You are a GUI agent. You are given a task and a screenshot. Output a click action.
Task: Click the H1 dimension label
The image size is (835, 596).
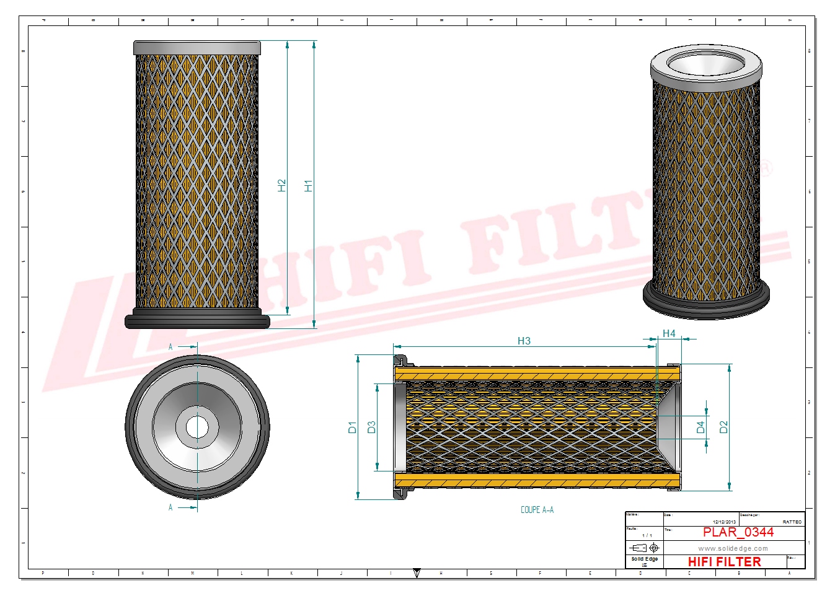pyautogui.click(x=308, y=185)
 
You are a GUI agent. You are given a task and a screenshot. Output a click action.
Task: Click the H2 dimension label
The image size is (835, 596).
pyautogui.click(x=281, y=185)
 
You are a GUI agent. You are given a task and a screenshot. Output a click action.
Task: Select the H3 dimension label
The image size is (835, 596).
pyautogui.click(x=524, y=341)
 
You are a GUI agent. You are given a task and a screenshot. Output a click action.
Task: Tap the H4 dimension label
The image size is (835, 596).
pyautogui.click(x=669, y=333)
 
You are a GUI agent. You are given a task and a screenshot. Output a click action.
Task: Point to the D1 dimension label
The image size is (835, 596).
pyautogui.click(x=352, y=427)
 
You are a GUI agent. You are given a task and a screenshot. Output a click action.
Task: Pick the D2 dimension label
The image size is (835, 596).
pyautogui.click(x=723, y=427)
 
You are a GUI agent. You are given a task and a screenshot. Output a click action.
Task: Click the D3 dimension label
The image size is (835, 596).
pyautogui.click(x=371, y=427)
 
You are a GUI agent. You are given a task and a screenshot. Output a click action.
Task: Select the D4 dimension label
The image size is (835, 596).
pyautogui.click(x=700, y=427)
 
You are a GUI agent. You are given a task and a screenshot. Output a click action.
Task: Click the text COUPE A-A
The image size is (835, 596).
pyautogui.click(x=537, y=510)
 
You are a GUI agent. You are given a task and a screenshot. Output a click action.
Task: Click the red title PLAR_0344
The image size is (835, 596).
pyautogui.click(x=738, y=532)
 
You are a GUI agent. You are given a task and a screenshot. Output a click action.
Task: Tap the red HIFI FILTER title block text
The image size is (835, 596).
pyautogui.click(x=724, y=562)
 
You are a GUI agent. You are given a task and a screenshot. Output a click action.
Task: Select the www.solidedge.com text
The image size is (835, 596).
pyautogui.click(x=733, y=548)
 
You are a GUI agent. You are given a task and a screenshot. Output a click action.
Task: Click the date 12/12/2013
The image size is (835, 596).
pyautogui.click(x=724, y=522)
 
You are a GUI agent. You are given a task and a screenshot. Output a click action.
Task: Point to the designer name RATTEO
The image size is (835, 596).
pyautogui.click(x=792, y=522)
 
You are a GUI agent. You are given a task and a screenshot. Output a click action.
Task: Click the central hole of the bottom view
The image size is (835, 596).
pyautogui.click(x=197, y=427)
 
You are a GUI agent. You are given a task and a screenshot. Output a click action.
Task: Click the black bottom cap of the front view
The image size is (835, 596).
pyautogui.click(x=197, y=321)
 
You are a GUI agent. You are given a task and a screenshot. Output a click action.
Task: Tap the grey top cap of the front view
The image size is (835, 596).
pyautogui.click(x=197, y=48)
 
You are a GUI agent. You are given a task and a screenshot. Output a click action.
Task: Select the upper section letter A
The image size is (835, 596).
pyautogui.click(x=170, y=347)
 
